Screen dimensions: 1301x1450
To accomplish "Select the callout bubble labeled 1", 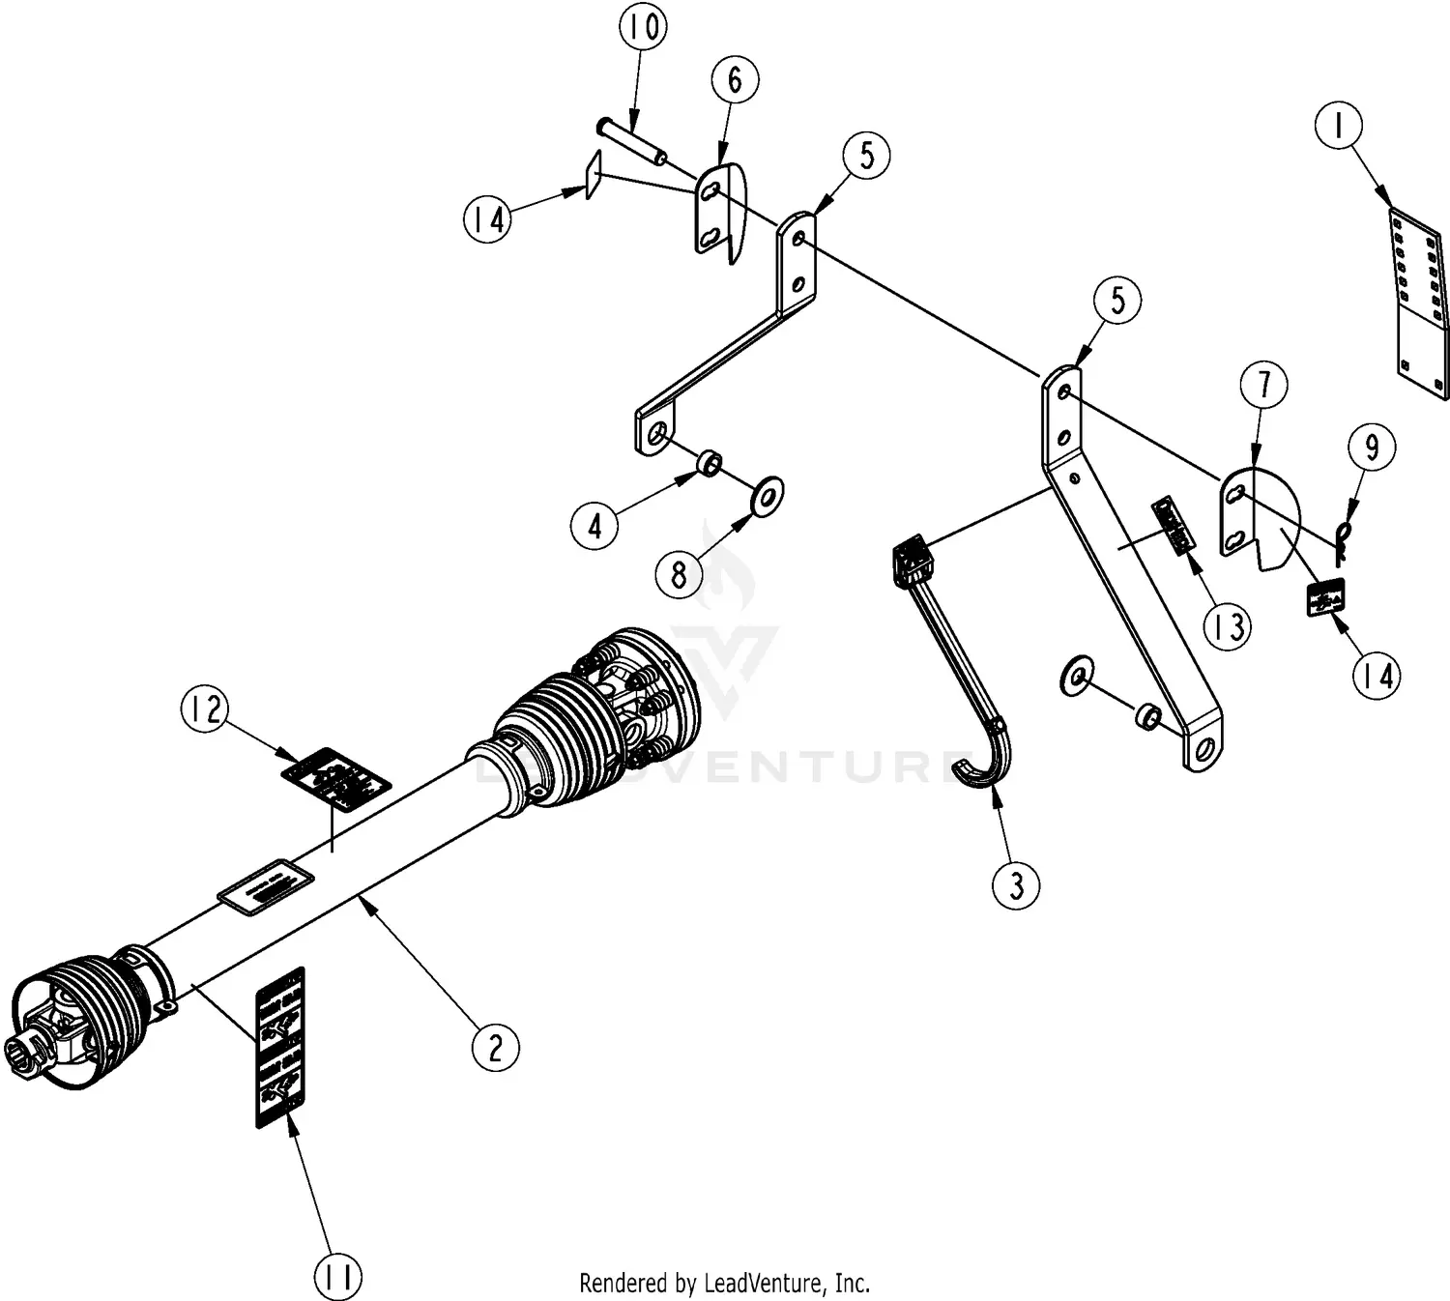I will (x=1339, y=126).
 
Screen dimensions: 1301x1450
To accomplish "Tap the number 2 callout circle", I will (x=496, y=1047).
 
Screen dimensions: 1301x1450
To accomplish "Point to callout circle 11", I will (x=337, y=1277).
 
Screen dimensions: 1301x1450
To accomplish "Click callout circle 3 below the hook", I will (x=1016, y=884).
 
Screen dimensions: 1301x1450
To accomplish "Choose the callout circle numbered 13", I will (x=1228, y=627).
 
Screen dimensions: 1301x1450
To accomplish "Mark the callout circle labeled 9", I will (x=1371, y=447).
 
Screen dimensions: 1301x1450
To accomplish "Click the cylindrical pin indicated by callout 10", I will (x=632, y=141).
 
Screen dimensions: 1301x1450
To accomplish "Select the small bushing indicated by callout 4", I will (x=710, y=468).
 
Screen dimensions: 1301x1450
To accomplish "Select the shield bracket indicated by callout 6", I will (x=719, y=213).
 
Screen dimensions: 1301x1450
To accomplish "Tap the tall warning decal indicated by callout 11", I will (x=279, y=1046).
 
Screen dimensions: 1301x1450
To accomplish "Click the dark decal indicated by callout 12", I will (x=335, y=777).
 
